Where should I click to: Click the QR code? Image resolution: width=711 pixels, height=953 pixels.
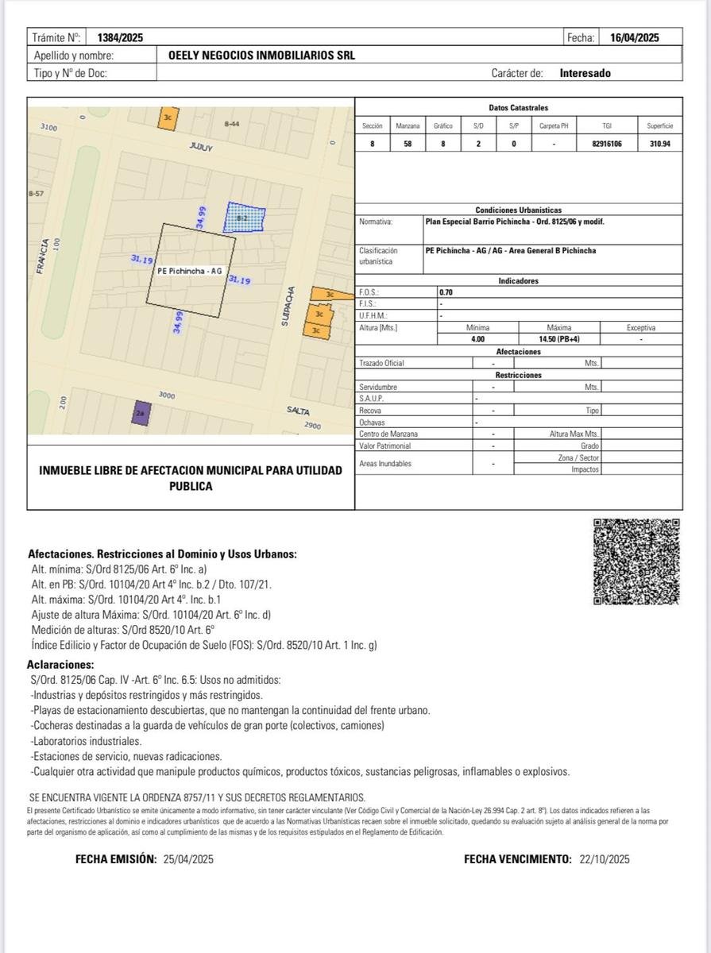pos(636,561)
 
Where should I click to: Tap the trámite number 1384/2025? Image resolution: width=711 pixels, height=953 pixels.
pos(120,37)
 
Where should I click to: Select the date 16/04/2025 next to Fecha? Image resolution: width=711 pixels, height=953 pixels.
pos(634,37)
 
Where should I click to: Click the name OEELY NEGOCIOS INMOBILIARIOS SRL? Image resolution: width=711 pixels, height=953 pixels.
pos(262,56)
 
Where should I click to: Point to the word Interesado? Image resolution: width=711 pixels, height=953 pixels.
pos(585,73)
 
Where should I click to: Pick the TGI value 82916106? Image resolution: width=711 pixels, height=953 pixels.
pos(607,144)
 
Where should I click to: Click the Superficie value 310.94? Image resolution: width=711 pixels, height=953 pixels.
pos(659,144)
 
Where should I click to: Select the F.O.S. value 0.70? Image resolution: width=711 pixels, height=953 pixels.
pos(446,292)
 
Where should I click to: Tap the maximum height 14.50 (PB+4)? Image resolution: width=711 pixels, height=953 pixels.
pos(559,339)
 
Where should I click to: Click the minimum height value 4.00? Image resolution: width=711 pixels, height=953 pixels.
pos(477,339)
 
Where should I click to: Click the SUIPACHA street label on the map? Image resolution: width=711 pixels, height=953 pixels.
pos(291,307)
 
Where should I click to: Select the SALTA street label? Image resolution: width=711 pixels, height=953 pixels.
pos(299,410)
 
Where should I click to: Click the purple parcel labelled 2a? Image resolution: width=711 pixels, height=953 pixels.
pos(141,414)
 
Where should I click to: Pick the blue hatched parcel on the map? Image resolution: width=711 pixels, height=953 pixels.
pos(244,216)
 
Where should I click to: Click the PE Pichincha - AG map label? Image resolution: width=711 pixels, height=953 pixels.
pos(190,271)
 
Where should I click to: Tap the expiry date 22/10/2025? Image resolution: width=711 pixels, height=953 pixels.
pos(605,859)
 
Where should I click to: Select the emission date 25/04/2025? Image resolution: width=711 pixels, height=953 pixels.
pos(188,859)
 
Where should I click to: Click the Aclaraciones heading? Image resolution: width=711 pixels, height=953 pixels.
pos(60,664)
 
